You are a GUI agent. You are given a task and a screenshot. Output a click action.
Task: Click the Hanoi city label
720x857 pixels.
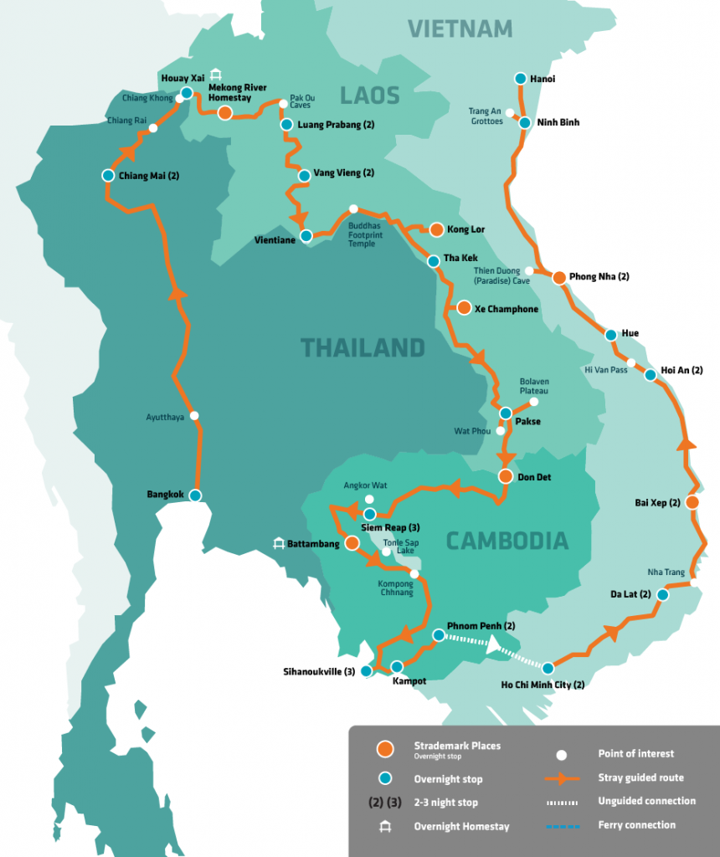[x=543, y=80]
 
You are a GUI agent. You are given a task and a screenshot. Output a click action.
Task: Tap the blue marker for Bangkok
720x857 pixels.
[x=195, y=495]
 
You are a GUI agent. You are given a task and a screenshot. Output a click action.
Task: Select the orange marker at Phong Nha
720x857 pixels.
[x=559, y=278]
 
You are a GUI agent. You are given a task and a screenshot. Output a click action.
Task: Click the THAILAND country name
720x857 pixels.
[x=363, y=346]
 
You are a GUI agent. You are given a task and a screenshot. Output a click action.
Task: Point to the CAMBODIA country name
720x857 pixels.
[x=507, y=541]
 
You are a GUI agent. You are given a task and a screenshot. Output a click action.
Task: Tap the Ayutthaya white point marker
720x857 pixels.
[x=194, y=415]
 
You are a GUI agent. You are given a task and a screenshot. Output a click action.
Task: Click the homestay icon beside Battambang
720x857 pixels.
[x=278, y=543]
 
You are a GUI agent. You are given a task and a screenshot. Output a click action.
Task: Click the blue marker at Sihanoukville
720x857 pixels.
[x=366, y=671]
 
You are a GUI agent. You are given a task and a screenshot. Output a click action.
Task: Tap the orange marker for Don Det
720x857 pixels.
[x=505, y=476]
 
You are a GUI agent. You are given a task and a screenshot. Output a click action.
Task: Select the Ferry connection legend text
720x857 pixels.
[x=636, y=825]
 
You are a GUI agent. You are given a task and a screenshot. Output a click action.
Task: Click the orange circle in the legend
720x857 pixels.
[x=385, y=749]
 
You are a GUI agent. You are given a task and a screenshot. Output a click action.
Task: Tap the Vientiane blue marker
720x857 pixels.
[x=306, y=236]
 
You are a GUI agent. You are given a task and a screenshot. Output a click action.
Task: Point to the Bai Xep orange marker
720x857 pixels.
[x=692, y=502]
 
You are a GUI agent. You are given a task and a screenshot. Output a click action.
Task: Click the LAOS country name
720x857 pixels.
[x=370, y=95]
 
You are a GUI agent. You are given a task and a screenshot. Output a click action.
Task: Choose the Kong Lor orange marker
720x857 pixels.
[x=435, y=228]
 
